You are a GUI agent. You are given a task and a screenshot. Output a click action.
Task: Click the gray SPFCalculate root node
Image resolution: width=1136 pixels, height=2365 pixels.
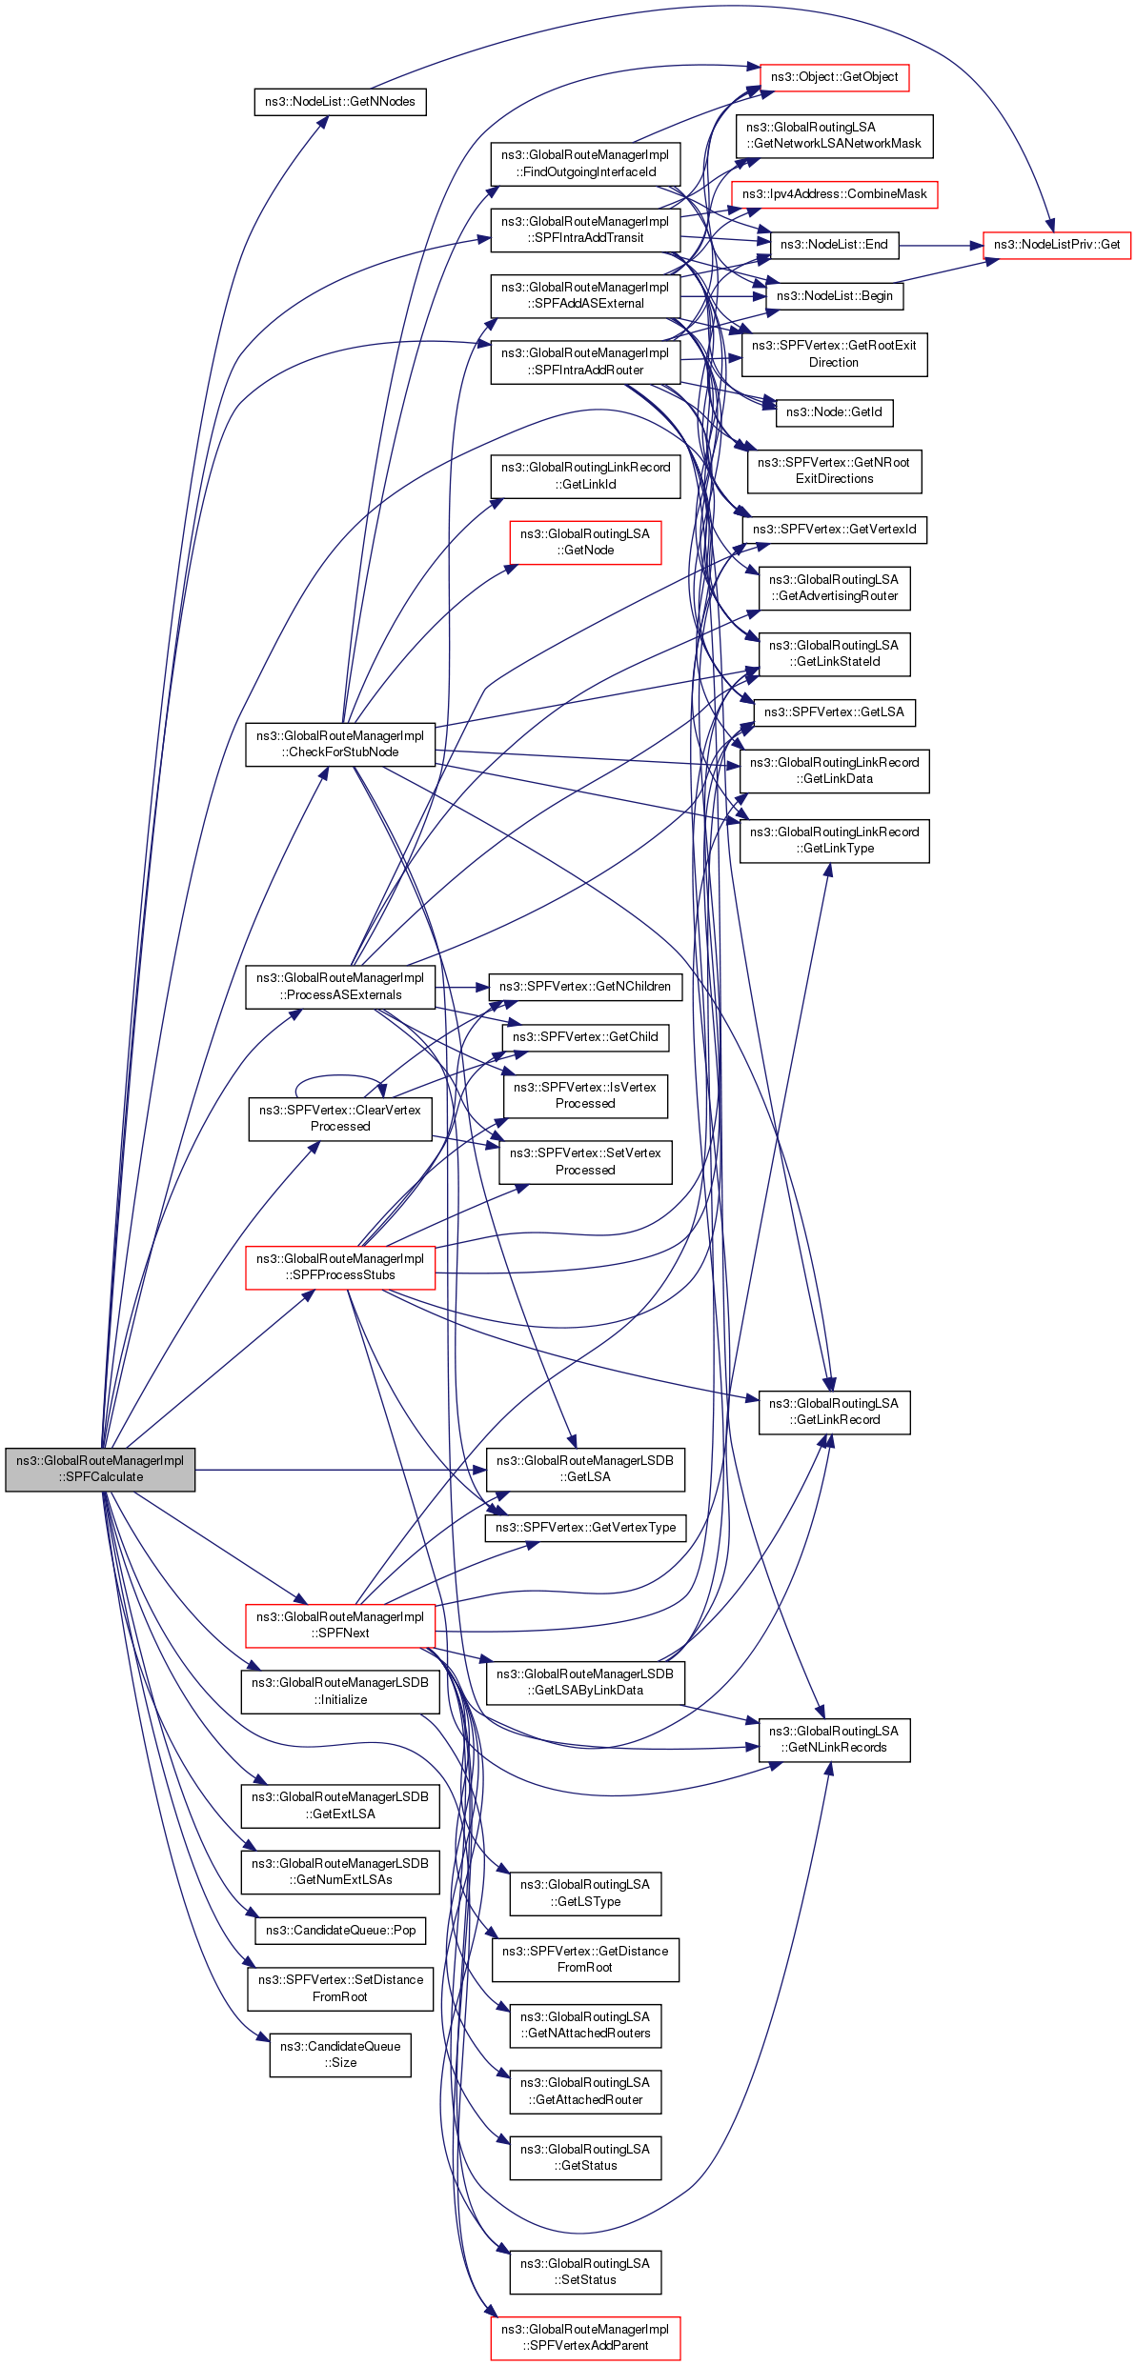100,1469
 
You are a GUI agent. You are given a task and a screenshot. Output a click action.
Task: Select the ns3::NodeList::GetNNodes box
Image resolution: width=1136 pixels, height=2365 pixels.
339,102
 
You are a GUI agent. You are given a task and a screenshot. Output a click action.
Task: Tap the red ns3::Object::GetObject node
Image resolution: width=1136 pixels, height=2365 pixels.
834,77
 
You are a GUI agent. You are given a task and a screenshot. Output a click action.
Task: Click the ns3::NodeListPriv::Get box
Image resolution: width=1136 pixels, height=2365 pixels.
1056,245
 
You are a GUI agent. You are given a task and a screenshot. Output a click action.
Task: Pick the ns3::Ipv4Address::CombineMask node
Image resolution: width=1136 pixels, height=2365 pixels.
834,194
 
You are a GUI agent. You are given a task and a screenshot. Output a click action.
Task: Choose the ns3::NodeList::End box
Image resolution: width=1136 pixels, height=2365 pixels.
833,245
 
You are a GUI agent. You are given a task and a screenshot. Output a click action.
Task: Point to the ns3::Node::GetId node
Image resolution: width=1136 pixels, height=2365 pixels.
834,412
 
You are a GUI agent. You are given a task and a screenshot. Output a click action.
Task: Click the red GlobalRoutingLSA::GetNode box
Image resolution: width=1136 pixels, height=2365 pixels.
585,542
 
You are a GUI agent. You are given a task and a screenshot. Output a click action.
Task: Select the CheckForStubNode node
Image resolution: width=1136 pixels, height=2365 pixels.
340,744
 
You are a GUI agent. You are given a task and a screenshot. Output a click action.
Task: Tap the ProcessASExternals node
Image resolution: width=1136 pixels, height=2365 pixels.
340,987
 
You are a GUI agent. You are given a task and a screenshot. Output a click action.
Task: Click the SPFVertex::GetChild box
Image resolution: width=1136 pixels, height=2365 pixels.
585,1037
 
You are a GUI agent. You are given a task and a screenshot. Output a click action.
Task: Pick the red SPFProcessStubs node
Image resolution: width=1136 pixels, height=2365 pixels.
340,1267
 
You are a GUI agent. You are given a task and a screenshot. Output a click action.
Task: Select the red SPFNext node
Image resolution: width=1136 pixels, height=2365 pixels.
340,1625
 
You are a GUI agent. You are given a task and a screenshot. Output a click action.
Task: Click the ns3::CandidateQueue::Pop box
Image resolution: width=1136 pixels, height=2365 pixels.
340,1931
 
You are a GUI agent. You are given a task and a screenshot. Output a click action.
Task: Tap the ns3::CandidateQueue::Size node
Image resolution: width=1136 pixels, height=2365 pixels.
340,2054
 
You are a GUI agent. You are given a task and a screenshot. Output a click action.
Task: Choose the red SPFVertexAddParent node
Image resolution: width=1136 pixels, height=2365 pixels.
585,2337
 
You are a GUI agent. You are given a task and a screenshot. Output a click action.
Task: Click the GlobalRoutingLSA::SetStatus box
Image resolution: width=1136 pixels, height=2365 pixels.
585,2272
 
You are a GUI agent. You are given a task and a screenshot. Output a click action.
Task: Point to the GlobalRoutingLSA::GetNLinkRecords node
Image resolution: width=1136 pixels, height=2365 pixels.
834,1739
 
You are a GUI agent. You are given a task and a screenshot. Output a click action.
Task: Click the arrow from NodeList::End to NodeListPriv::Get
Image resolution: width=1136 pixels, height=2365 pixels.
939,246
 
